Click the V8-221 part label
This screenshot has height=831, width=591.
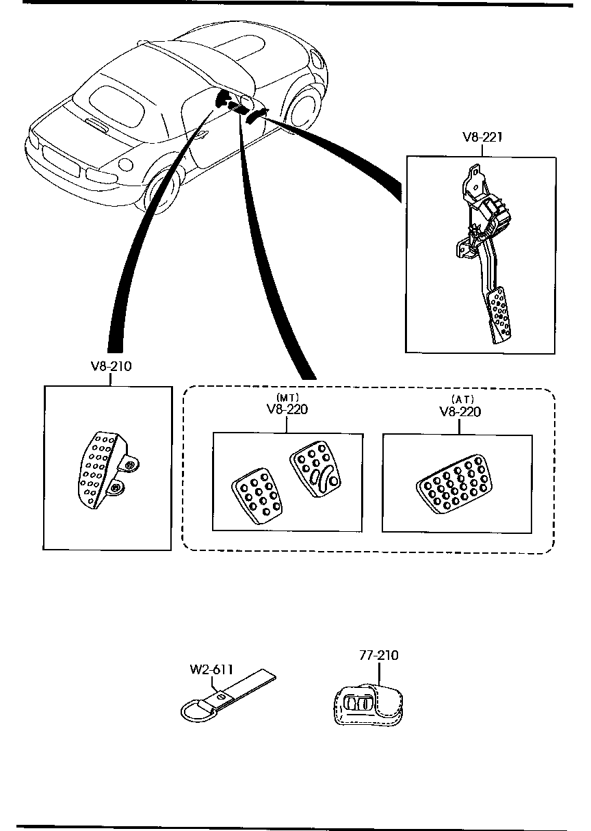(482, 138)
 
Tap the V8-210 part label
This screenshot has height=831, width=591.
(111, 366)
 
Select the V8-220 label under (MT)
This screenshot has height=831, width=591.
(287, 409)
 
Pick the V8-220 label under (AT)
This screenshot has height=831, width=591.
(460, 412)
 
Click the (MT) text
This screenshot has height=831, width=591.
(288, 398)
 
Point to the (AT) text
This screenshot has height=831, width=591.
(462, 400)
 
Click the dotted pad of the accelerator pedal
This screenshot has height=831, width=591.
(499, 315)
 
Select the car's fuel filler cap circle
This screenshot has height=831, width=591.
(126, 164)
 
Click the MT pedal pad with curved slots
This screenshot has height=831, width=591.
(315, 469)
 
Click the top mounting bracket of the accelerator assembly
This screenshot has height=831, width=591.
(475, 182)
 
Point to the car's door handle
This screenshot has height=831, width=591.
(202, 135)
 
